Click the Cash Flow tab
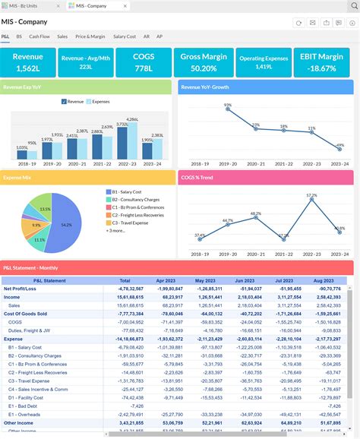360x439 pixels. click(x=39, y=36)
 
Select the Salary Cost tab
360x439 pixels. click(x=125, y=36)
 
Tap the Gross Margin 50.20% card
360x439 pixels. click(x=204, y=62)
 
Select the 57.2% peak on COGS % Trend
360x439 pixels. click(x=311, y=201)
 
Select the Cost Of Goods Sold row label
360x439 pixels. click(x=25, y=314)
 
